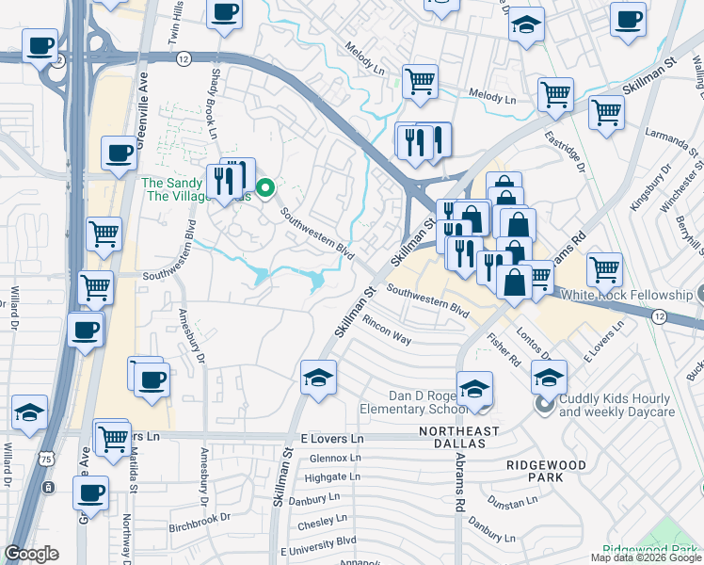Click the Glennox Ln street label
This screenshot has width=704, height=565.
coord(335,458)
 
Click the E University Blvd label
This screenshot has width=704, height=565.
coord(318,543)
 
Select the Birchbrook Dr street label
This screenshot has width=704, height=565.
coord(200,519)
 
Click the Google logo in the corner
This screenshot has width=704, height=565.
coord(31,554)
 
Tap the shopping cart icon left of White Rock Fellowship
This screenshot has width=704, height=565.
coord(605,268)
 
